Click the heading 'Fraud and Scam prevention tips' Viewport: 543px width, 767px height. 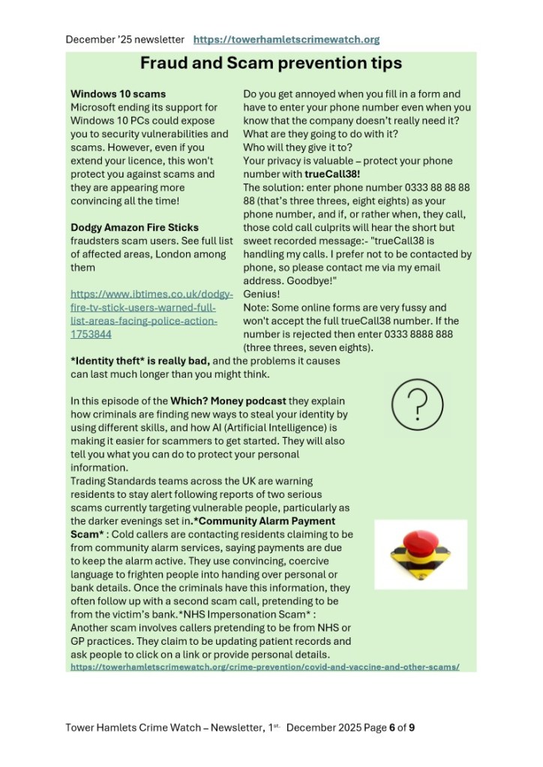pyautogui.click(x=271, y=64)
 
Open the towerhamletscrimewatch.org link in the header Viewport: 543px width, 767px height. pyautogui.click(x=286, y=39)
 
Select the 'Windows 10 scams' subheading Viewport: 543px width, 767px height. pyautogui.click(x=118, y=94)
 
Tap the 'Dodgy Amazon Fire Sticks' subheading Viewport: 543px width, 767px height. pyautogui.click(x=134, y=227)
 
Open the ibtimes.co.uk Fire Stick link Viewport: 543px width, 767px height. pyautogui.click(x=151, y=314)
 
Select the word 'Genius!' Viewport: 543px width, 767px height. pyautogui.click(x=262, y=295)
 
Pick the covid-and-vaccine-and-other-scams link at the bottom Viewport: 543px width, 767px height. pyautogui.click(x=265, y=666)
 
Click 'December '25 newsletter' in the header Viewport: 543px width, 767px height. pyautogui.click(x=124, y=39)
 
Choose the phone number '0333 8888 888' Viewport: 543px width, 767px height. pyautogui.click(x=400, y=334)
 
